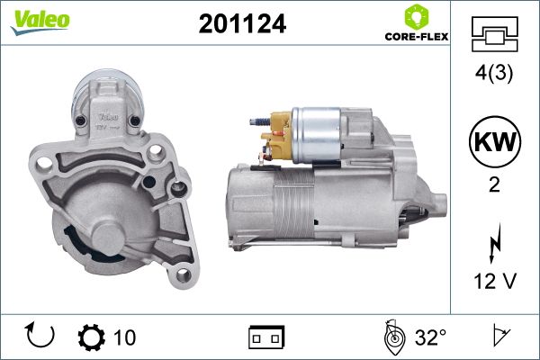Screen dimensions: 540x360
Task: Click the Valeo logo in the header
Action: [40, 22]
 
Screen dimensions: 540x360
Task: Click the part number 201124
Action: [242, 23]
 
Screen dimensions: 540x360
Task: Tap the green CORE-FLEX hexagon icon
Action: [417, 16]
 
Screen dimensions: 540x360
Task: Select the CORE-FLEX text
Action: [417, 37]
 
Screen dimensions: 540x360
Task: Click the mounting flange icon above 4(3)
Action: [494, 34]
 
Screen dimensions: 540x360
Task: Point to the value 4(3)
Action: [494, 73]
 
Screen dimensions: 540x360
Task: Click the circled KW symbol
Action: [495, 141]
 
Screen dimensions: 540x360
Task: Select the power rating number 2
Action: [494, 185]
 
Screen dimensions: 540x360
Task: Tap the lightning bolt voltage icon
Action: [495, 242]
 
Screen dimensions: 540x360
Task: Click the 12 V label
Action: [495, 281]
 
